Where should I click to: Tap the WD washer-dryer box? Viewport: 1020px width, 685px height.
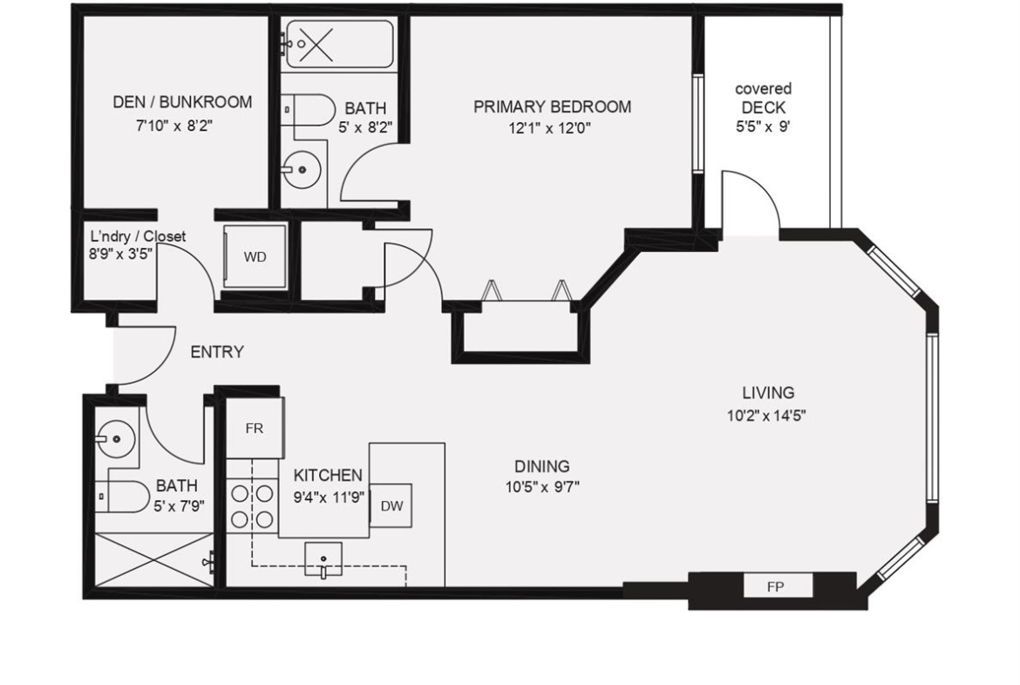pos(255,257)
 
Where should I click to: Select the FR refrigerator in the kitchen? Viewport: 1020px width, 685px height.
pos(255,428)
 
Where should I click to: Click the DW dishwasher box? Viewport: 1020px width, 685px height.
pos(391,505)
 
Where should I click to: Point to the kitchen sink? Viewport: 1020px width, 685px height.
pos(323,559)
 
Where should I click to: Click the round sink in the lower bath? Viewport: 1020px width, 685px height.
pos(116,438)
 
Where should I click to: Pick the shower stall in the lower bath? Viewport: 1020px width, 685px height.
pos(153,559)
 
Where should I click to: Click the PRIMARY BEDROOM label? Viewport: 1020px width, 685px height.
pos(552,106)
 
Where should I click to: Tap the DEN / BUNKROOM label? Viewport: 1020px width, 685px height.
pos(182,101)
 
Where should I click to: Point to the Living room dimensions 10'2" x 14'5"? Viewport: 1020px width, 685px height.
pos(767,414)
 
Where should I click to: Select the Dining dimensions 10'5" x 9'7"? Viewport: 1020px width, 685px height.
pos(542,486)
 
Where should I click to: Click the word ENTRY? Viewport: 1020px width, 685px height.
pos(216,352)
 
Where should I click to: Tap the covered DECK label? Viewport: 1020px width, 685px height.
pos(763,98)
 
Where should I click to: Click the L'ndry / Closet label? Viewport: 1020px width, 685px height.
pos(137,236)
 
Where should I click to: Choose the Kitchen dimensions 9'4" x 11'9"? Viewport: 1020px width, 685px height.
pos(329,497)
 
